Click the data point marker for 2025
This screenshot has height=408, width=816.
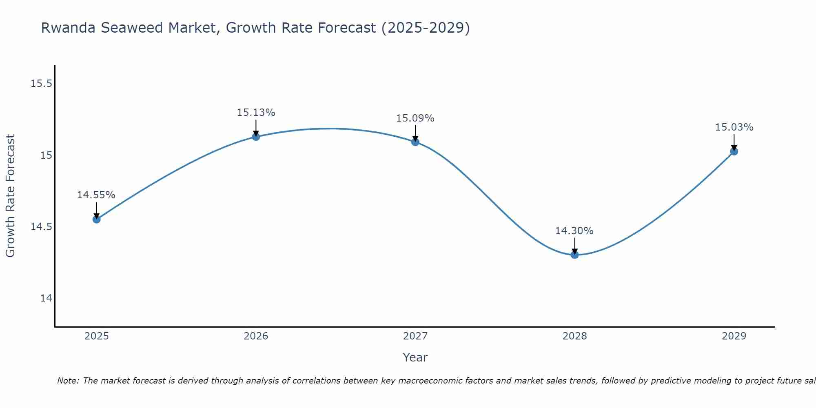[x=96, y=220]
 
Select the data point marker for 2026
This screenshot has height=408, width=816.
[x=256, y=137]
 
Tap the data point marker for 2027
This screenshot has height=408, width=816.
[x=415, y=142]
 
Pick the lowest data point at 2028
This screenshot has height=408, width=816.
[x=574, y=255]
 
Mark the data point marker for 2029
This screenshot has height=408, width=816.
[x=734, y=151]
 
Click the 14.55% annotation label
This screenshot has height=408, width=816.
[x=96, y=195]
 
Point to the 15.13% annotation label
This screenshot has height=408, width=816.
[x=256, y=112]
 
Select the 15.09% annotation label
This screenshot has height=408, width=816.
[x=415, y=118]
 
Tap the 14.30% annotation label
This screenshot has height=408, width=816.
[x=574, y=231]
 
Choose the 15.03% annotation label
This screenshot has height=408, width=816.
[x=734, y=127]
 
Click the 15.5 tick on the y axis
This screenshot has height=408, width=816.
[x=42, y=84]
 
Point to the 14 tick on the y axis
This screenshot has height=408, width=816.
[x=46, y=298]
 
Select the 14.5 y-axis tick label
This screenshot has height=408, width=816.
[x=42, y=227]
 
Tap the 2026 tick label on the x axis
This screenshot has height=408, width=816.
[x=256, y=336]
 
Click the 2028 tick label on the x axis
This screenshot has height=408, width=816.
[x=574, y=336]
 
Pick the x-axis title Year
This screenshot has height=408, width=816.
[x=415, y=357]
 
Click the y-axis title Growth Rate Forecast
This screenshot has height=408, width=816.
[x=10, y=196]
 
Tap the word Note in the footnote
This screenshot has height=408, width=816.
[x=68, y=381]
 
